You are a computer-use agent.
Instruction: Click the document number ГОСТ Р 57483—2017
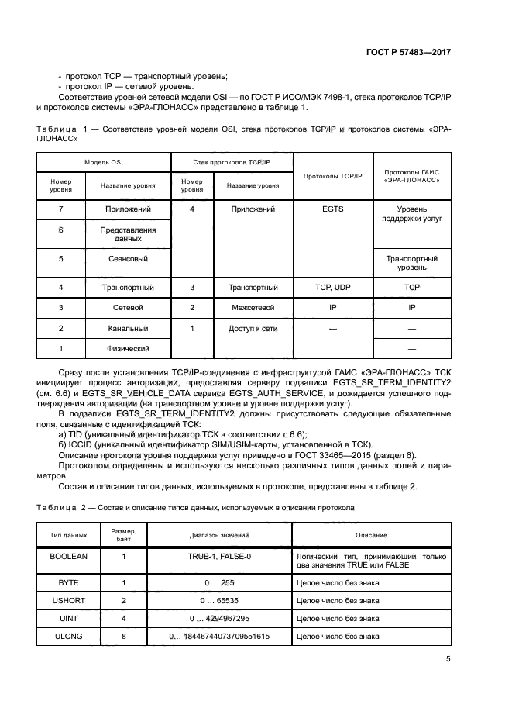407,53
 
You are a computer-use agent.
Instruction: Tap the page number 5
448,659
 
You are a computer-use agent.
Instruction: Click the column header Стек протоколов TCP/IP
232,163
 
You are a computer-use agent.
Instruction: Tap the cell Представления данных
128,234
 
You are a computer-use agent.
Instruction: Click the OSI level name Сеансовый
128,259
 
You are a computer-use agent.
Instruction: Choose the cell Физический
128,349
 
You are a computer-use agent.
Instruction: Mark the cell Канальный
128,329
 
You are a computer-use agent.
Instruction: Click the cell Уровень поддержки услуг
412,214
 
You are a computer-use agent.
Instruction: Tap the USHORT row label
68,600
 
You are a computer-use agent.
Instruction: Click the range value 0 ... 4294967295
219,618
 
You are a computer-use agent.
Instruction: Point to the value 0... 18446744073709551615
219,637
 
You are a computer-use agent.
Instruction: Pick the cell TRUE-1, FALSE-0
219,557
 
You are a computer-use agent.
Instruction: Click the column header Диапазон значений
219,535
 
